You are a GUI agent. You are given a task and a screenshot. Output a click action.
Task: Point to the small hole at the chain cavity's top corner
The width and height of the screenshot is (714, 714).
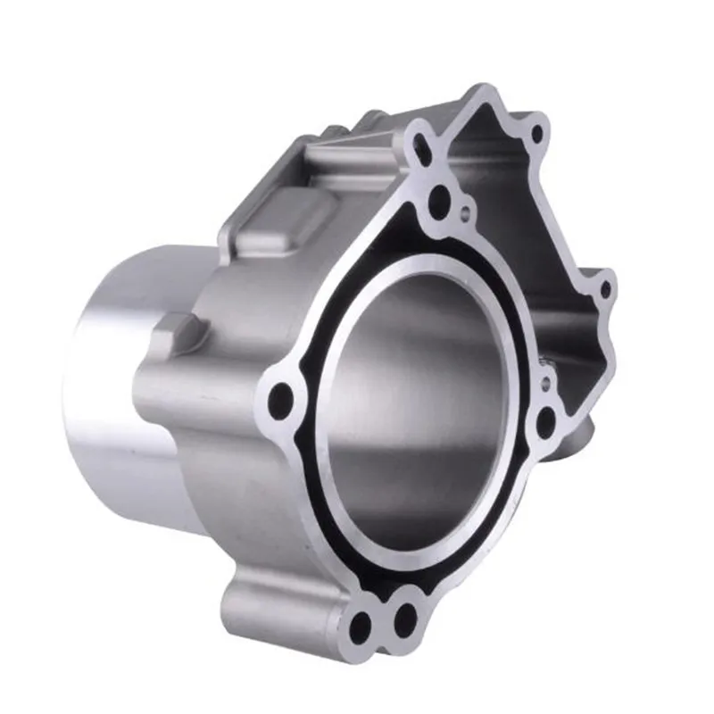(536, 135)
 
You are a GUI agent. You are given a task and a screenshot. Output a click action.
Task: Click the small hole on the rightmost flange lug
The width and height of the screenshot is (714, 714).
(605, 289)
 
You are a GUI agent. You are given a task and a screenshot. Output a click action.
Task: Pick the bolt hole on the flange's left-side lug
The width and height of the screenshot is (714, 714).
(284, 394)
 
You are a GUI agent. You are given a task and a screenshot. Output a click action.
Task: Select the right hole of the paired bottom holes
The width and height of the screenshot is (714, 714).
(404, 617)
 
